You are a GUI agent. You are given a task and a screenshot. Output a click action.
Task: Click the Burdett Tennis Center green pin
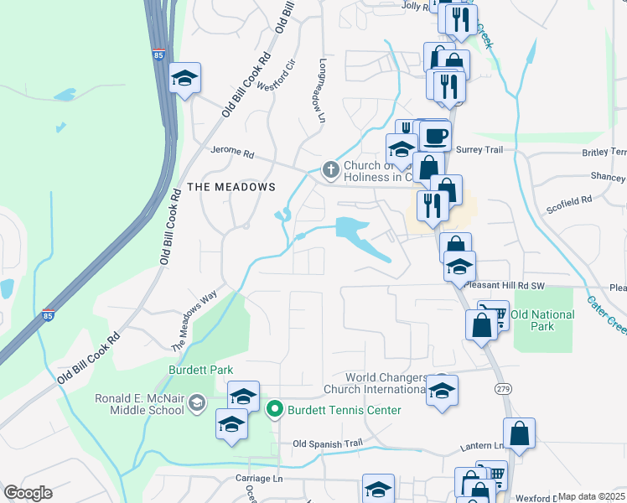[x=273, y=410]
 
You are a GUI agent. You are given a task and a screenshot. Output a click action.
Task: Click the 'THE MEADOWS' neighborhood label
[x=231, y=186]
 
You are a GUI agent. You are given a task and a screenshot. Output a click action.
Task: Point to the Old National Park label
[x=542, y=320]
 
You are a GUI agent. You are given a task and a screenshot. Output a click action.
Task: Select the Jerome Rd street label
[x=231, y=153]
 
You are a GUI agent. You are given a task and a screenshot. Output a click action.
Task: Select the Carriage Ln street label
[x=259, y=479]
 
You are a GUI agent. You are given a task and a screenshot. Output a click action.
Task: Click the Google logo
[x=28, y=493]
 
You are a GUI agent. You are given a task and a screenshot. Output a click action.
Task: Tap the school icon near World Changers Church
[x=442, y=390]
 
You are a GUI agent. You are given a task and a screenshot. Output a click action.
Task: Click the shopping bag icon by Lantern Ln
[x=519, y=433]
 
